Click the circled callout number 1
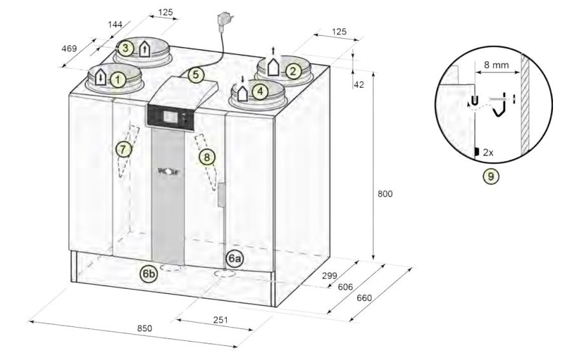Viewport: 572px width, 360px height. tap(118, 79)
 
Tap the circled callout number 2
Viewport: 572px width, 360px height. tap(293, 71)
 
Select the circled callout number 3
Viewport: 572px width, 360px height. tap(125, 48)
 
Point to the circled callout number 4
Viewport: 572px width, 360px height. tap(260, 91)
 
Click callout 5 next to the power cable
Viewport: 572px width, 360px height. tap(196, 75)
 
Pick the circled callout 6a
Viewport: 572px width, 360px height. tap(234, 258)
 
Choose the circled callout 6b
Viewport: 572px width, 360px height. tap(149, 274)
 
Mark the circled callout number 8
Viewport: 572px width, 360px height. tap(207, 157)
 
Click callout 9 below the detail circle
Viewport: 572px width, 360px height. tap(491, 176)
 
